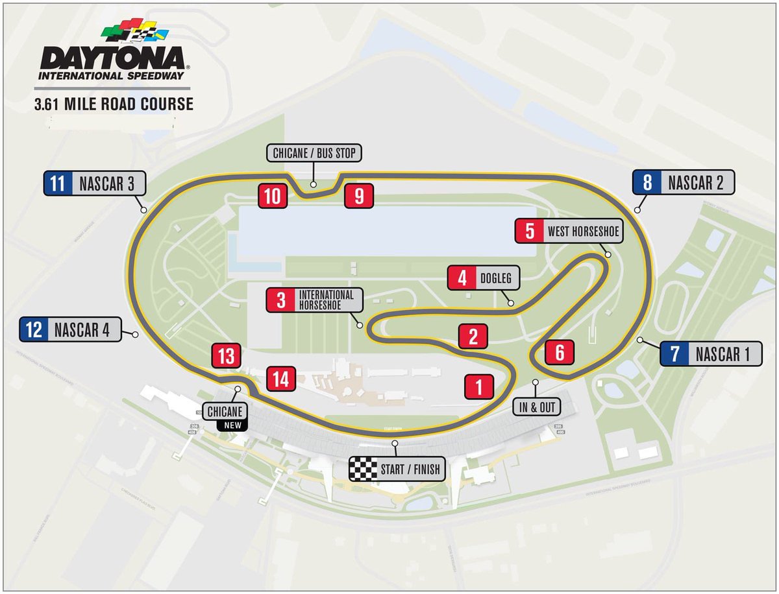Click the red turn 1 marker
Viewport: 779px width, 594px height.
coord(479,387)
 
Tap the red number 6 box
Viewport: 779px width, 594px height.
coord(559,352)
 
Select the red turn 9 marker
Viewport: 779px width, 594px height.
coord(359,195)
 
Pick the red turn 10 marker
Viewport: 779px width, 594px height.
coord(273,195)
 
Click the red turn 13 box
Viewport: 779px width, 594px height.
coord(226,356)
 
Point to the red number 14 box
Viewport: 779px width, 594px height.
coord(280,378)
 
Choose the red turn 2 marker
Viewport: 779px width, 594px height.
coord(473,337)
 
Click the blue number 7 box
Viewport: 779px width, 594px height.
coord(674,354)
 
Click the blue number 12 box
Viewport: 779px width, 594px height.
coord(34,329)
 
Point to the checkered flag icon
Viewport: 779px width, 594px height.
coord(363,469)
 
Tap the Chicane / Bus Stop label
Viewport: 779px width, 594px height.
coord(314,153)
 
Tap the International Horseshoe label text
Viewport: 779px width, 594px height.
coord(326,300)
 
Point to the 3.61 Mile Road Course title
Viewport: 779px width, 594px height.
coord(114,104)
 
